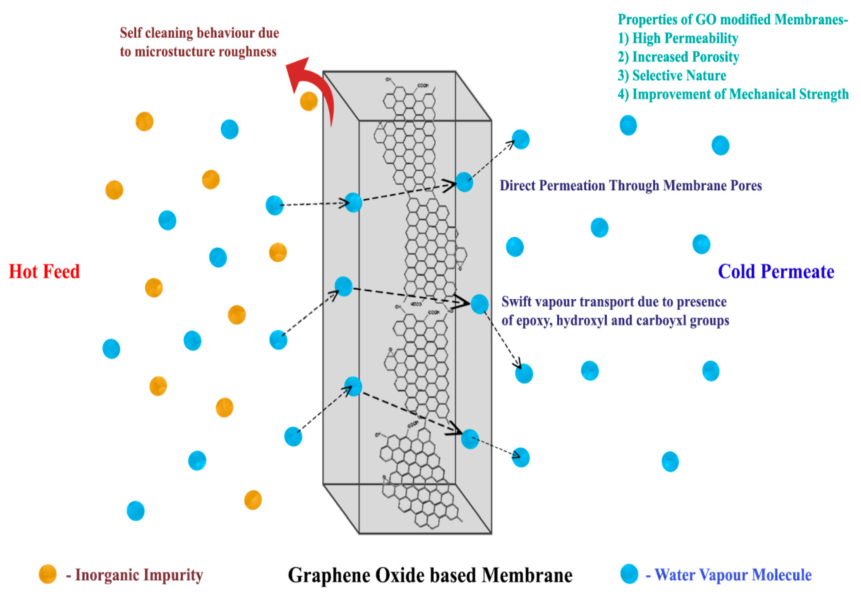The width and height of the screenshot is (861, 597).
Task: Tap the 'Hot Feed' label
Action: pyautogui.click(x=44, y=272)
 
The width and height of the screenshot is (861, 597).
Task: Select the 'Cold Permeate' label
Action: pyautogui.click(x=776, y=272)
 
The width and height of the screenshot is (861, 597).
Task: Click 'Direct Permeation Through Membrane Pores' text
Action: pyautogui.click(x=630, y=186)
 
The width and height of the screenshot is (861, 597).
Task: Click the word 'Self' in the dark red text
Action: pyautogui.click(x=130, y=33)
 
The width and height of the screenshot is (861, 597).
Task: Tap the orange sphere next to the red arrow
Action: pyautogui.click(x=309, y=101)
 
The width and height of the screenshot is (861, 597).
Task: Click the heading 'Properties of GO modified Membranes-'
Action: pyautogui.click(x=733, y=19)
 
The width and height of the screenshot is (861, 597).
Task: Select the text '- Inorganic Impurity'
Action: pyautogui.click(x=134, y=575)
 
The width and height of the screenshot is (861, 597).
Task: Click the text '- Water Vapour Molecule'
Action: pyautogui.click(x=729, y=575)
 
